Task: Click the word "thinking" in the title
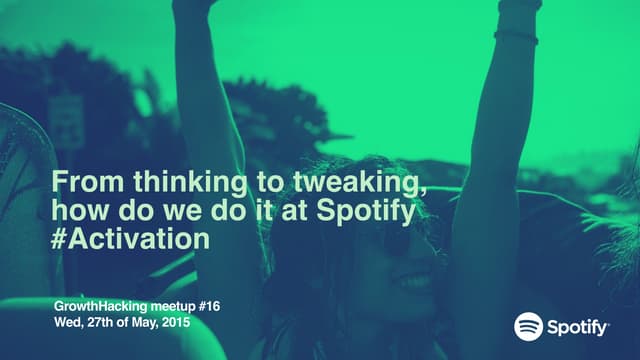(154, 183)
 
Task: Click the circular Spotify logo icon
(528, 326)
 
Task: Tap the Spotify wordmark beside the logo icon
(577, 327)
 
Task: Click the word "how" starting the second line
(73, 211)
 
